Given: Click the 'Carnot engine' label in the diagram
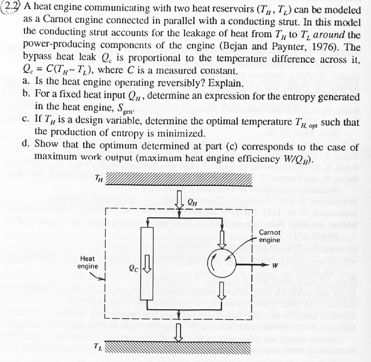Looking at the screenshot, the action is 270,236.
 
